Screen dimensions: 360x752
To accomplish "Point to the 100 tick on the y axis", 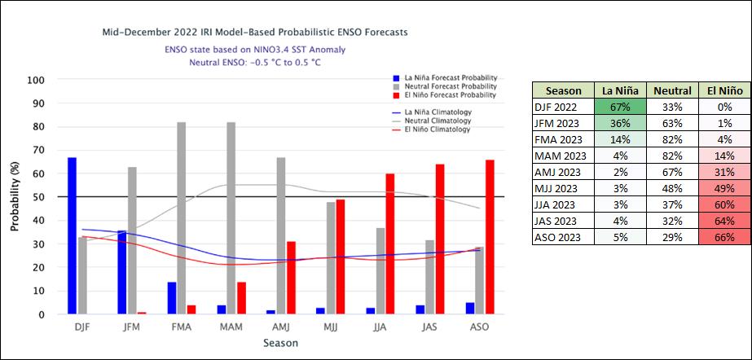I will (35, 81).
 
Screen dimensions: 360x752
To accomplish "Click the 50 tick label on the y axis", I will (38, 197).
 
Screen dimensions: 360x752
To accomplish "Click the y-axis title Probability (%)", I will (15, 197).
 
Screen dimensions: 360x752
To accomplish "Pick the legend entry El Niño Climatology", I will (438, 130).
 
